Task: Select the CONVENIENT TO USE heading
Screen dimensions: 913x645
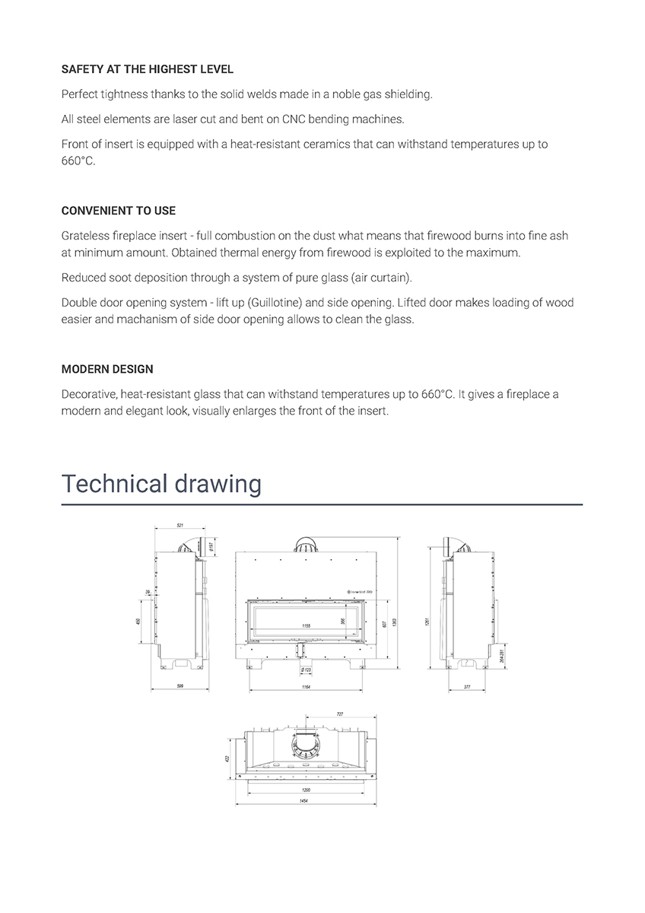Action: coord(118,211)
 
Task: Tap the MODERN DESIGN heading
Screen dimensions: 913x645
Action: coord(107,369)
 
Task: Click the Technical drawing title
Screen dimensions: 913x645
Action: coord(161,483)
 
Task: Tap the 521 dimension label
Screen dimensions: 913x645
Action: coord(180,526)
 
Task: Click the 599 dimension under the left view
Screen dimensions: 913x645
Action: coord(180,686)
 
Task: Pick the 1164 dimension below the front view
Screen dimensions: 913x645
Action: coord(305,686)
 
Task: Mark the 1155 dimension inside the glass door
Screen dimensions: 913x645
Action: coord(306,626)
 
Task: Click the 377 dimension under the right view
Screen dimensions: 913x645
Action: coord(468,686)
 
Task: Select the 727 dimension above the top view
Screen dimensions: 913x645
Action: coord(339,714)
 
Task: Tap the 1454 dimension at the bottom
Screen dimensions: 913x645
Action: coord(306,803)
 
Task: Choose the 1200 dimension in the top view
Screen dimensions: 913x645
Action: coord(306,790)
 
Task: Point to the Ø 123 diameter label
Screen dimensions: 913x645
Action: coord(306,670)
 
